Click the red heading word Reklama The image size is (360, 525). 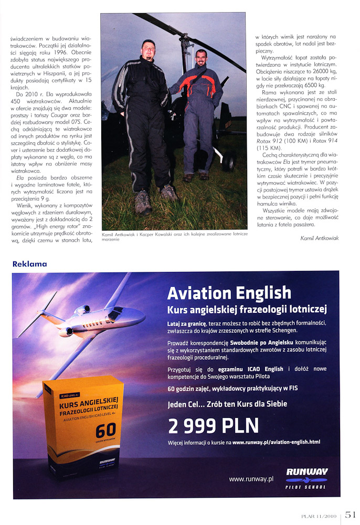click(x=29, y=264)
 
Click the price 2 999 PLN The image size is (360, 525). click(x=214, y=425)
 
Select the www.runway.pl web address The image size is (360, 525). click(x=251, y=478)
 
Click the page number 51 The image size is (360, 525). click(x=351, y=516)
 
